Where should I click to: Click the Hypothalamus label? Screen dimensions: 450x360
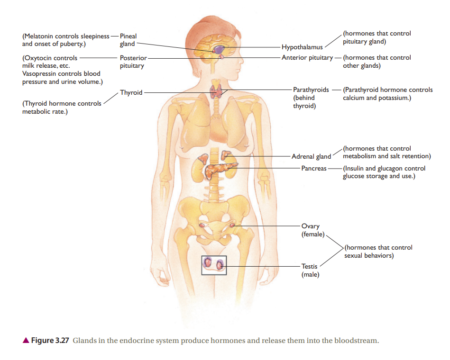coord(302,47)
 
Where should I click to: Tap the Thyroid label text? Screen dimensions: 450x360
coord(131,92)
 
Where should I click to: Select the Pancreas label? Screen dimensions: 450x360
coord(314,168)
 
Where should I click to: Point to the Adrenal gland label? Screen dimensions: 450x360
coord(312,156)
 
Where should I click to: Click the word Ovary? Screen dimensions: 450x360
coord(310,226)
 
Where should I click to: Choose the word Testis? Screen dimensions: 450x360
coord(309,266)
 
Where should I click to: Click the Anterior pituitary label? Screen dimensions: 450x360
coord(307,58)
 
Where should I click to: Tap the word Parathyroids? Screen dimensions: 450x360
coord(311,90)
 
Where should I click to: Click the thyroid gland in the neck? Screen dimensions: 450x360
coord(216,91)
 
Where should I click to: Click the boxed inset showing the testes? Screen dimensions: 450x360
coord(214,256)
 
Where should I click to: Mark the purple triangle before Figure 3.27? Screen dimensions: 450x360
coord(26,340)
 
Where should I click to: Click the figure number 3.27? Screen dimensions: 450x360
coord(62,341)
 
